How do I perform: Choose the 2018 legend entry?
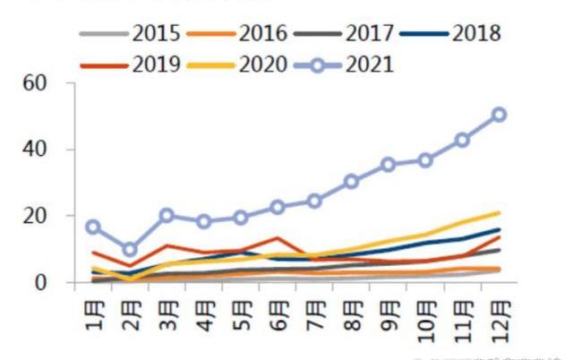475,35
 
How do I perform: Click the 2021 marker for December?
499,115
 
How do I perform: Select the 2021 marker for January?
93,227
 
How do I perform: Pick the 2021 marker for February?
130,249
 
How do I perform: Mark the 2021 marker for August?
351,182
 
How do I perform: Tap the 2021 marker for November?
462,140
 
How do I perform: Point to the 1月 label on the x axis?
93,309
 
